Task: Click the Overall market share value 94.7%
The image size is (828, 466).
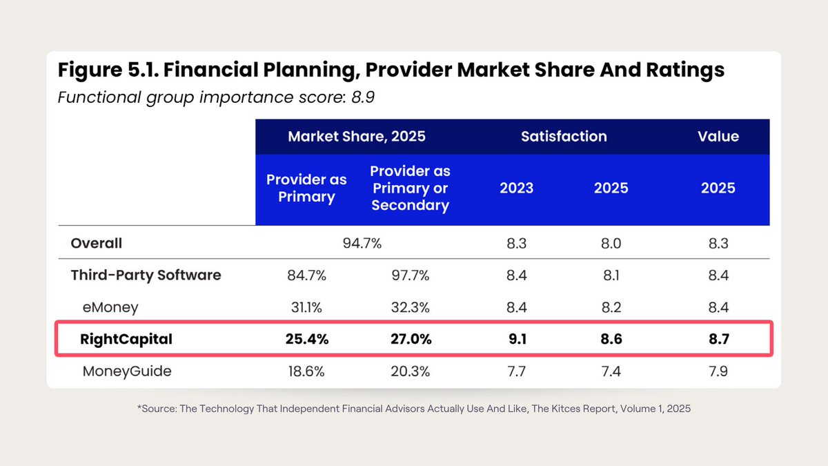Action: (362, 244)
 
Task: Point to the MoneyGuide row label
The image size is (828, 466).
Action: (127, 371)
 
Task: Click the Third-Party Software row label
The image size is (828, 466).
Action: (146, 275)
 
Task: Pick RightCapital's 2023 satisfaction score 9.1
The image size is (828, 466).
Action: (516, 339)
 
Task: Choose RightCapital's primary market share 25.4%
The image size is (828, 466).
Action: (306, 339)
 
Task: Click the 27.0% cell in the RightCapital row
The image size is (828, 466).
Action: (410, 339)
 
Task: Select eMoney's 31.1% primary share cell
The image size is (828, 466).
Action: (306, 307)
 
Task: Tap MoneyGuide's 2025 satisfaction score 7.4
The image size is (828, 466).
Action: (611, 371)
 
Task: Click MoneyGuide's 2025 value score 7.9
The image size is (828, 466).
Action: (718, 371)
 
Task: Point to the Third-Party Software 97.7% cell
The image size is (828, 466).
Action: (410, 275)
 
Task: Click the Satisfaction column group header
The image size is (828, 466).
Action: (564, 137)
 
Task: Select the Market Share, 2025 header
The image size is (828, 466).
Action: (357, 137)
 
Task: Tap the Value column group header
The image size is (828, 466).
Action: (718, 137)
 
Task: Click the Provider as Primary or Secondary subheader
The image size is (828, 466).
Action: (410, 188)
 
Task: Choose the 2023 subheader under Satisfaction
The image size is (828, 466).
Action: (516, 188)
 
